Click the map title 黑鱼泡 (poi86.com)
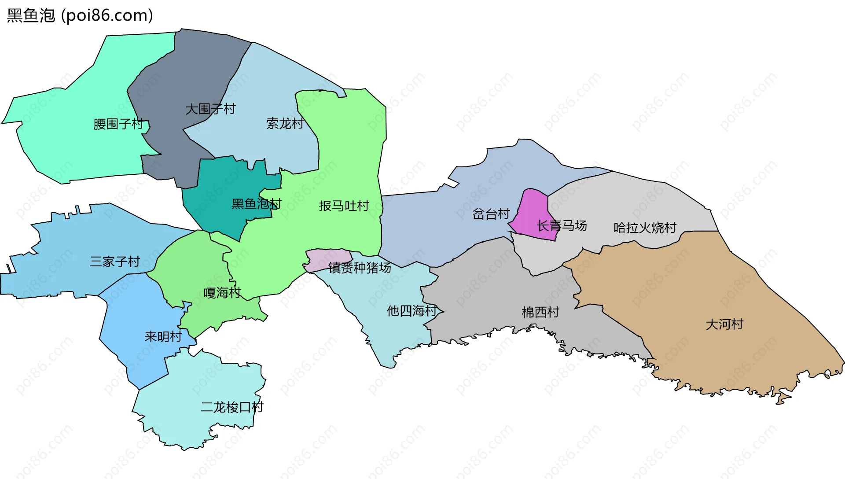(x=80, y=15)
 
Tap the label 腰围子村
(x=118, y=124)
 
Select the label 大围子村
(x=210, y=109)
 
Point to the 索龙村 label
(x=285, y=124)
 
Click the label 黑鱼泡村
(x=256, y=204)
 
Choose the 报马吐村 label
(x=344, y=206)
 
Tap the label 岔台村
(x=491, y=214)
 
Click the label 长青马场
(x=562, y=226)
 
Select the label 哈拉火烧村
(x=645, y=228)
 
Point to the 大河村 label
(x=724, y=324)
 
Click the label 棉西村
(x=540, y=312)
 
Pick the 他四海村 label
(x=411, y=311)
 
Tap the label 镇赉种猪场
(x=360, y=267)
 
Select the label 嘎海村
(x=222, y=293)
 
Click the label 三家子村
(x=115, y=262)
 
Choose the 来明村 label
(x=163, y=337)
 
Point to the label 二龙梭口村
(x=232, y=407)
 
